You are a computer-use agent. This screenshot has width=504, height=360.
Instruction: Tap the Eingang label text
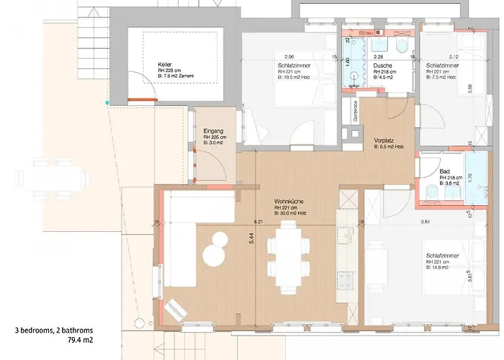click(x=204, y=130)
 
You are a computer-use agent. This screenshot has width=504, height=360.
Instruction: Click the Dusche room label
click(x=383, y=65)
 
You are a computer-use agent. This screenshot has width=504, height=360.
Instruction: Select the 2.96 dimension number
click(x=289, y=56)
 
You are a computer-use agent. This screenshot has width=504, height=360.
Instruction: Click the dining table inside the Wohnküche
click(x=288, y=256)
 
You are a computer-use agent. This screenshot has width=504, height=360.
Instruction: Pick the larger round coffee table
click(x=214, y=256)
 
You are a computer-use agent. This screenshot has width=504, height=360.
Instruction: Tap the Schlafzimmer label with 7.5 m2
click(x=440, y=65)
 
